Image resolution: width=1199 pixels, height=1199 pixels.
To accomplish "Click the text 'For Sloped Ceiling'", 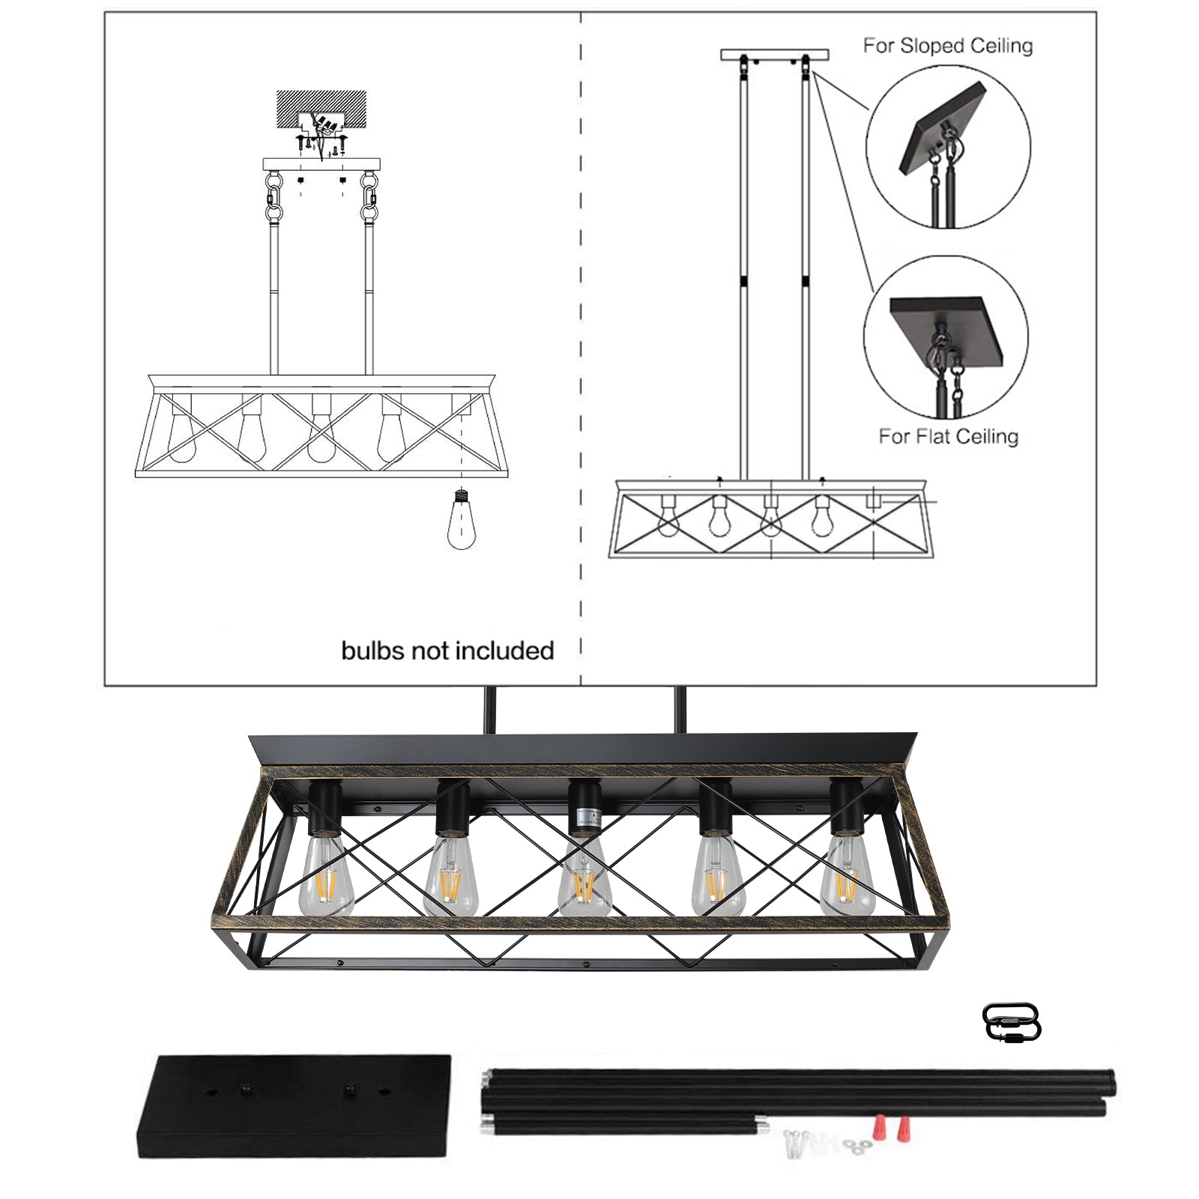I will coord(947,46).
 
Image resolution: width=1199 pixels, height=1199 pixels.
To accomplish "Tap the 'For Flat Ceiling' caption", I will coord(948,436).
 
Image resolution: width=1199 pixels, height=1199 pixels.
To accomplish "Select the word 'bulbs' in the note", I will coord(373,650).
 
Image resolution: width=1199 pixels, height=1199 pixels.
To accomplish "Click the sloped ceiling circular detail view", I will coord(948,147).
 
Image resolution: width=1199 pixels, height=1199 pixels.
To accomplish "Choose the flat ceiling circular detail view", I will coord(946,337).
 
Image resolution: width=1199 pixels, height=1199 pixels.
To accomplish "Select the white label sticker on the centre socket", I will coord(584,819).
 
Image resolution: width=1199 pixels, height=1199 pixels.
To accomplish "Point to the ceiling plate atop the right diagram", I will coord(775,55).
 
